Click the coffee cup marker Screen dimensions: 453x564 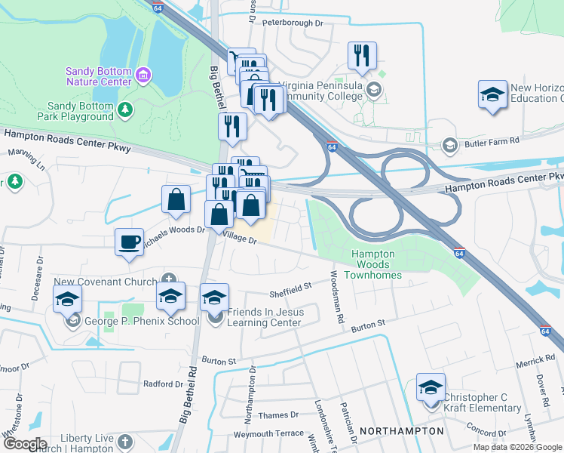point(129,242)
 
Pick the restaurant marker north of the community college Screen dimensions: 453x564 point(362,55)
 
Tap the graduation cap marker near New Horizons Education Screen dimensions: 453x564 point(492,95)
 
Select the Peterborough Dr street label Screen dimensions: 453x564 point(293,23)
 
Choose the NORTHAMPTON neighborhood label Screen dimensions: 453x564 point(401,431)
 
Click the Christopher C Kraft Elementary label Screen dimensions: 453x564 point(482,402)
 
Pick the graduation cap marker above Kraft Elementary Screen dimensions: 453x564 point(431,387)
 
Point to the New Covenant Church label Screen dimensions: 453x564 point(106,282)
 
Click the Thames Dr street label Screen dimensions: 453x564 point(273,415)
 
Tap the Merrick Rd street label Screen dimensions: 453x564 point(535,361)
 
